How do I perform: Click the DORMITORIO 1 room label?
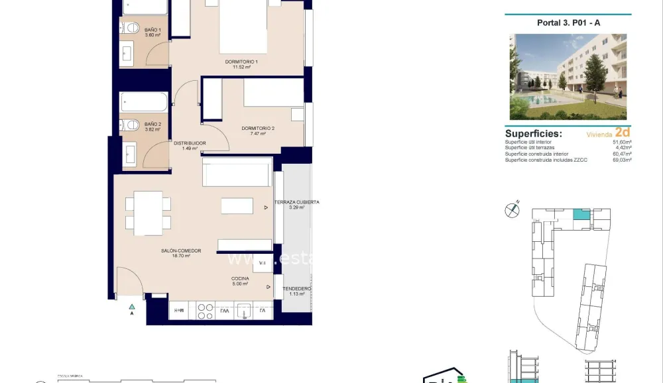pos(241,64)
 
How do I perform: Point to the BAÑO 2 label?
pos(135,127)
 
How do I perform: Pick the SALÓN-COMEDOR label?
pos(181,253)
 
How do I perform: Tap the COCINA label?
pos(240,281)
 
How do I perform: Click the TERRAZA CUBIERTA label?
pos(298,204)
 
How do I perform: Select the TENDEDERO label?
pos(296,291)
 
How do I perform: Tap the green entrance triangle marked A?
pos(132,306)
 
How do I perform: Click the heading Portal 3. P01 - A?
pos(568,23)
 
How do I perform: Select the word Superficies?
pos(533,133)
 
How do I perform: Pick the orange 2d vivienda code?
pos(622,132)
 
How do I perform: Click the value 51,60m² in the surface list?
pos(621,142)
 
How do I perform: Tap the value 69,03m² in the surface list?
pos(621,160)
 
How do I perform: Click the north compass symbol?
pos(512,210)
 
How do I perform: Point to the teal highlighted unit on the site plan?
pos(581,214)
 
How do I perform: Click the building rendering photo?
pos(568,77)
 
